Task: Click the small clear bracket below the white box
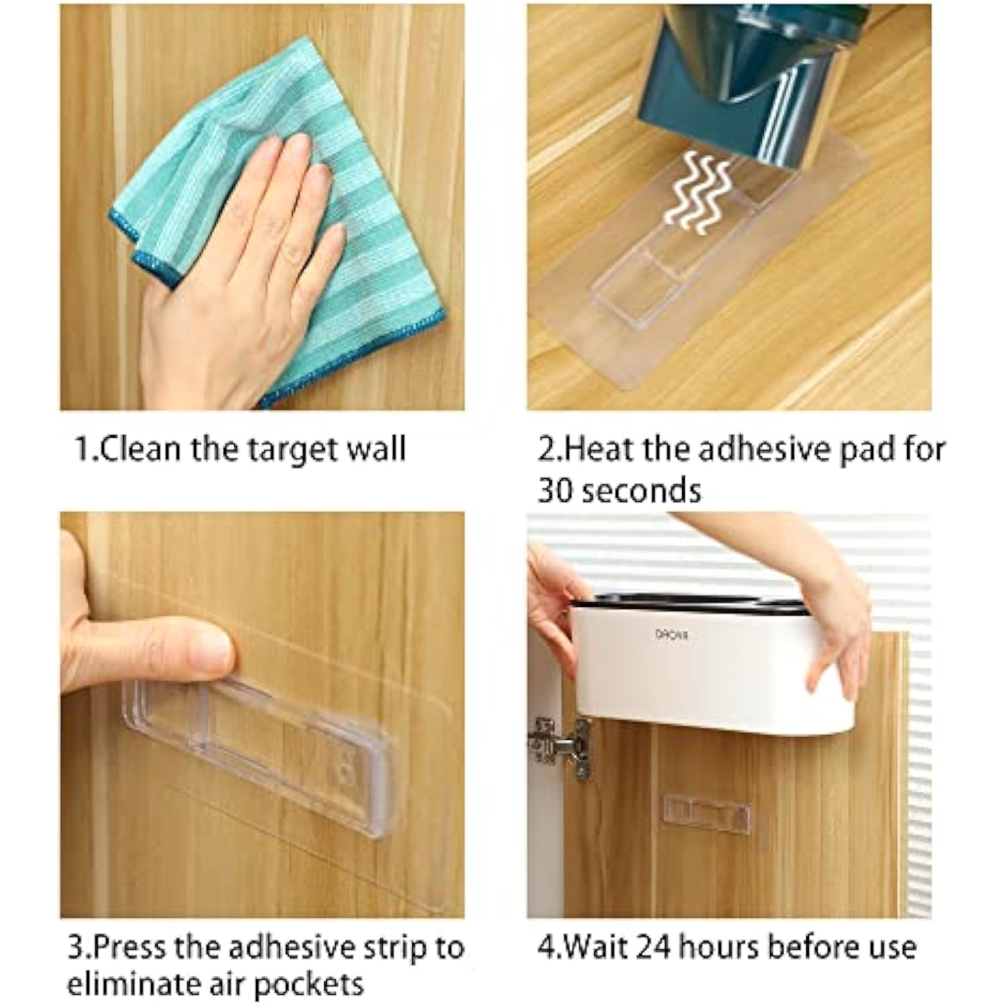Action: point(707,816)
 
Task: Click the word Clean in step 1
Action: point(139,448)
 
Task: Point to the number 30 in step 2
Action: point(555,491)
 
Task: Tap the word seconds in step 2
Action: point(641,491)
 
